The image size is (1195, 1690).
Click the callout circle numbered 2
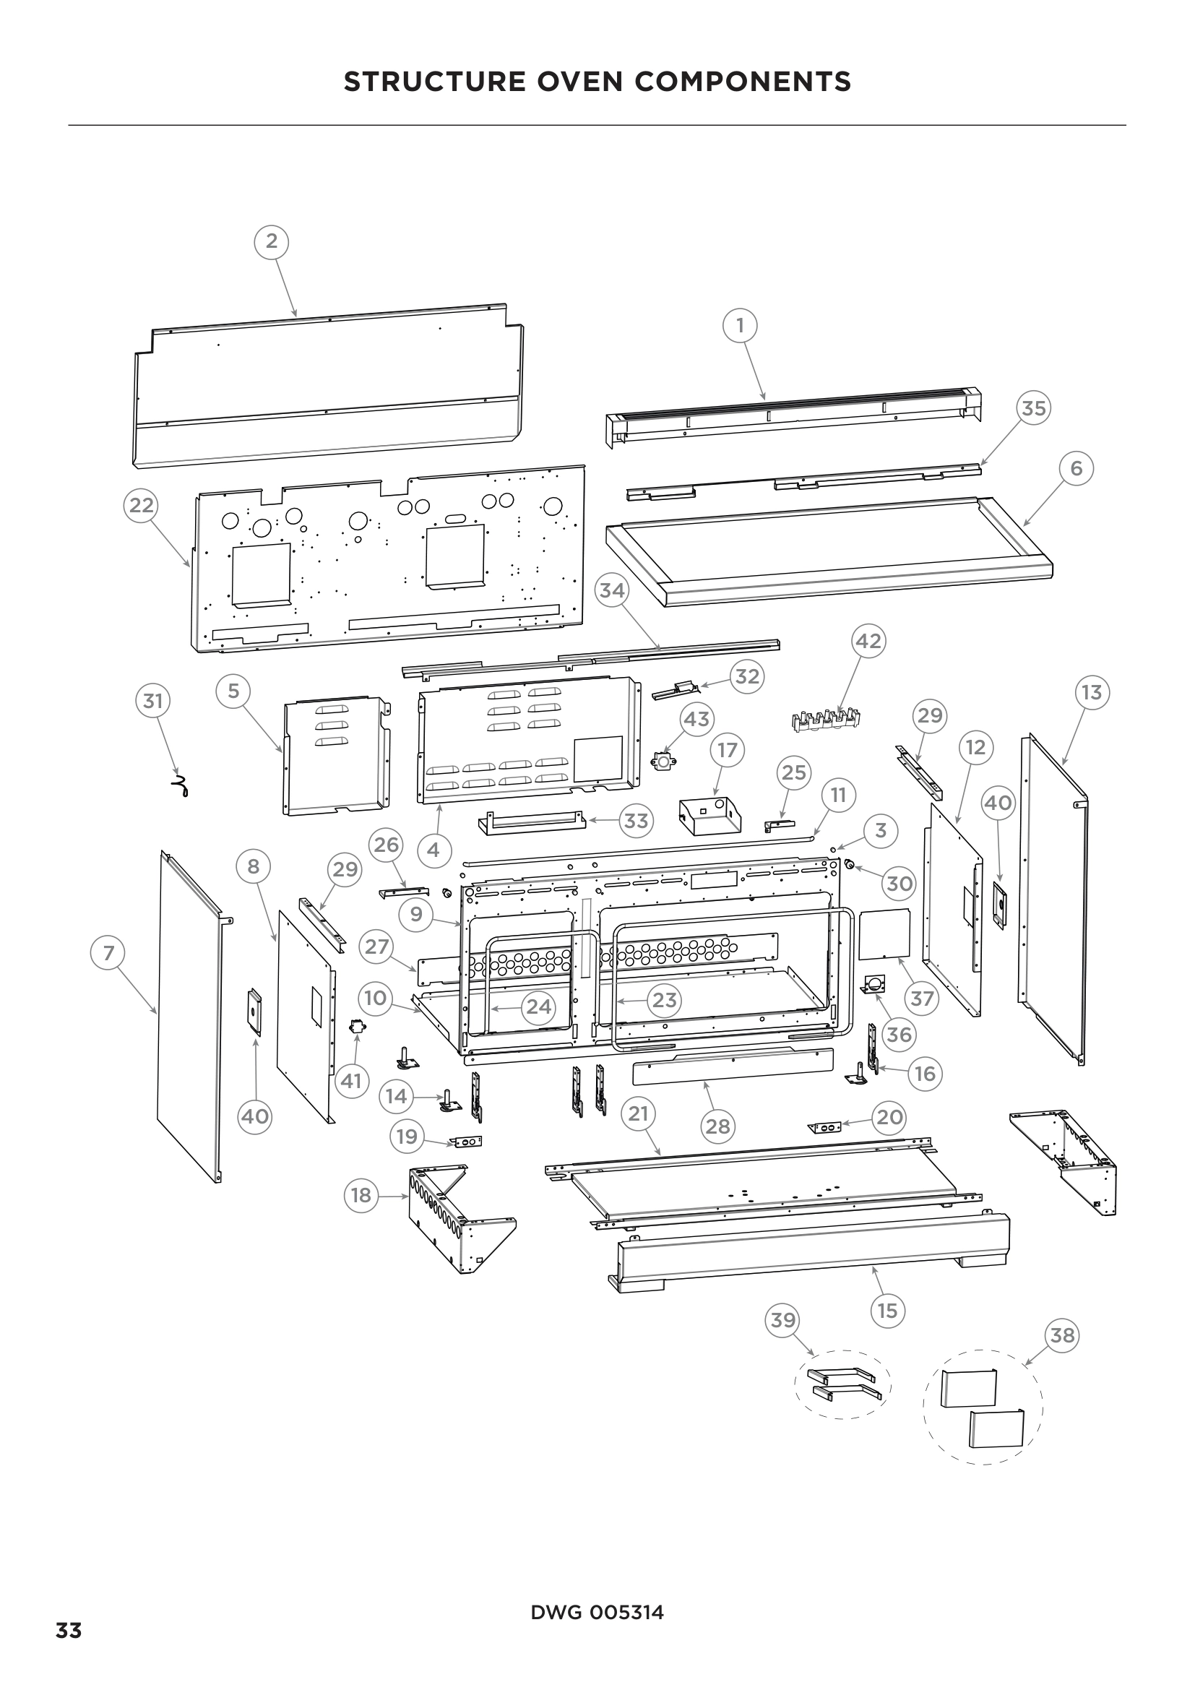click(272, 241)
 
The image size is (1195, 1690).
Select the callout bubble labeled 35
click(1034, 408)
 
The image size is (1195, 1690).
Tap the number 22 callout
click(142, 505)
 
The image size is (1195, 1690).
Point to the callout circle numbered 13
click(1092, 692)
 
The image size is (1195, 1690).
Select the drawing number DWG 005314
click(597, 1613)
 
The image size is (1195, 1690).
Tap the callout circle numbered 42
click(868, 641)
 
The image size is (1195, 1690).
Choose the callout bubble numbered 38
click(1062, 1335)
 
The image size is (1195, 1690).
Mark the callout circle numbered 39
click(783, 1320)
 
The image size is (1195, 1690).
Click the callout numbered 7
click(109, 953)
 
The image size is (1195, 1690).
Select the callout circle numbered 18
click(361, 1195)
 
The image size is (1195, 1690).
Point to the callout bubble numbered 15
click(888, 1311)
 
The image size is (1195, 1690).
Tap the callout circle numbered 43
click(696, 718)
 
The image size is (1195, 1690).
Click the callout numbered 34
click(611, 590)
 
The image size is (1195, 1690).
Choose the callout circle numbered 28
click(717, 1126)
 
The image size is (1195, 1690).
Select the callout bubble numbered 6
click(1077, 468)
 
